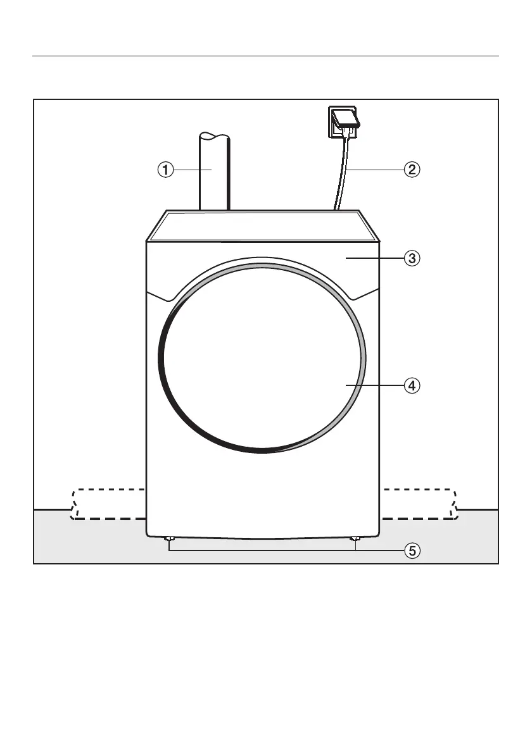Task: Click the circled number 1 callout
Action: (x=165, y=170)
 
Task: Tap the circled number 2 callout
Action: (x=412, y=170)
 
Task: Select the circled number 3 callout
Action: (x=412, y=258)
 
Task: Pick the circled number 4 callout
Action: (x=412, y=385)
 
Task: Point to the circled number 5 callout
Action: (x=412, y=551)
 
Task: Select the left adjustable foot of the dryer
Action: (x=168, y=539)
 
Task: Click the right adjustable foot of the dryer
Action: (x=356, y=539)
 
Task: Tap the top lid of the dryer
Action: (x=262, y=225)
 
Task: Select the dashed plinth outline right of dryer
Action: (x=418, y=504)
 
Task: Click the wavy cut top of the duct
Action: (x=214, y=135)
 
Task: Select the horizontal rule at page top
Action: (x=266, y=56)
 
